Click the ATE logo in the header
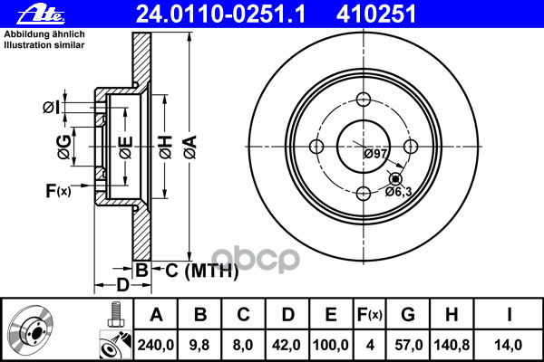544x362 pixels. (41, 15)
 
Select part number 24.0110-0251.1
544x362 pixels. (220, 14)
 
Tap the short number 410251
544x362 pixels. (376, 14)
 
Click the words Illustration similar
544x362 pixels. (44, 45)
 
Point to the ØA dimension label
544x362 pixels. (190, 148)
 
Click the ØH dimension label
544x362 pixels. (166, 148)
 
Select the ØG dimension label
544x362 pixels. (64, 147)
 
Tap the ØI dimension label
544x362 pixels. (52, 108)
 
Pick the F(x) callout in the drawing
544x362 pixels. (58, 190)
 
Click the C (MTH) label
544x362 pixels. (202, 271)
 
